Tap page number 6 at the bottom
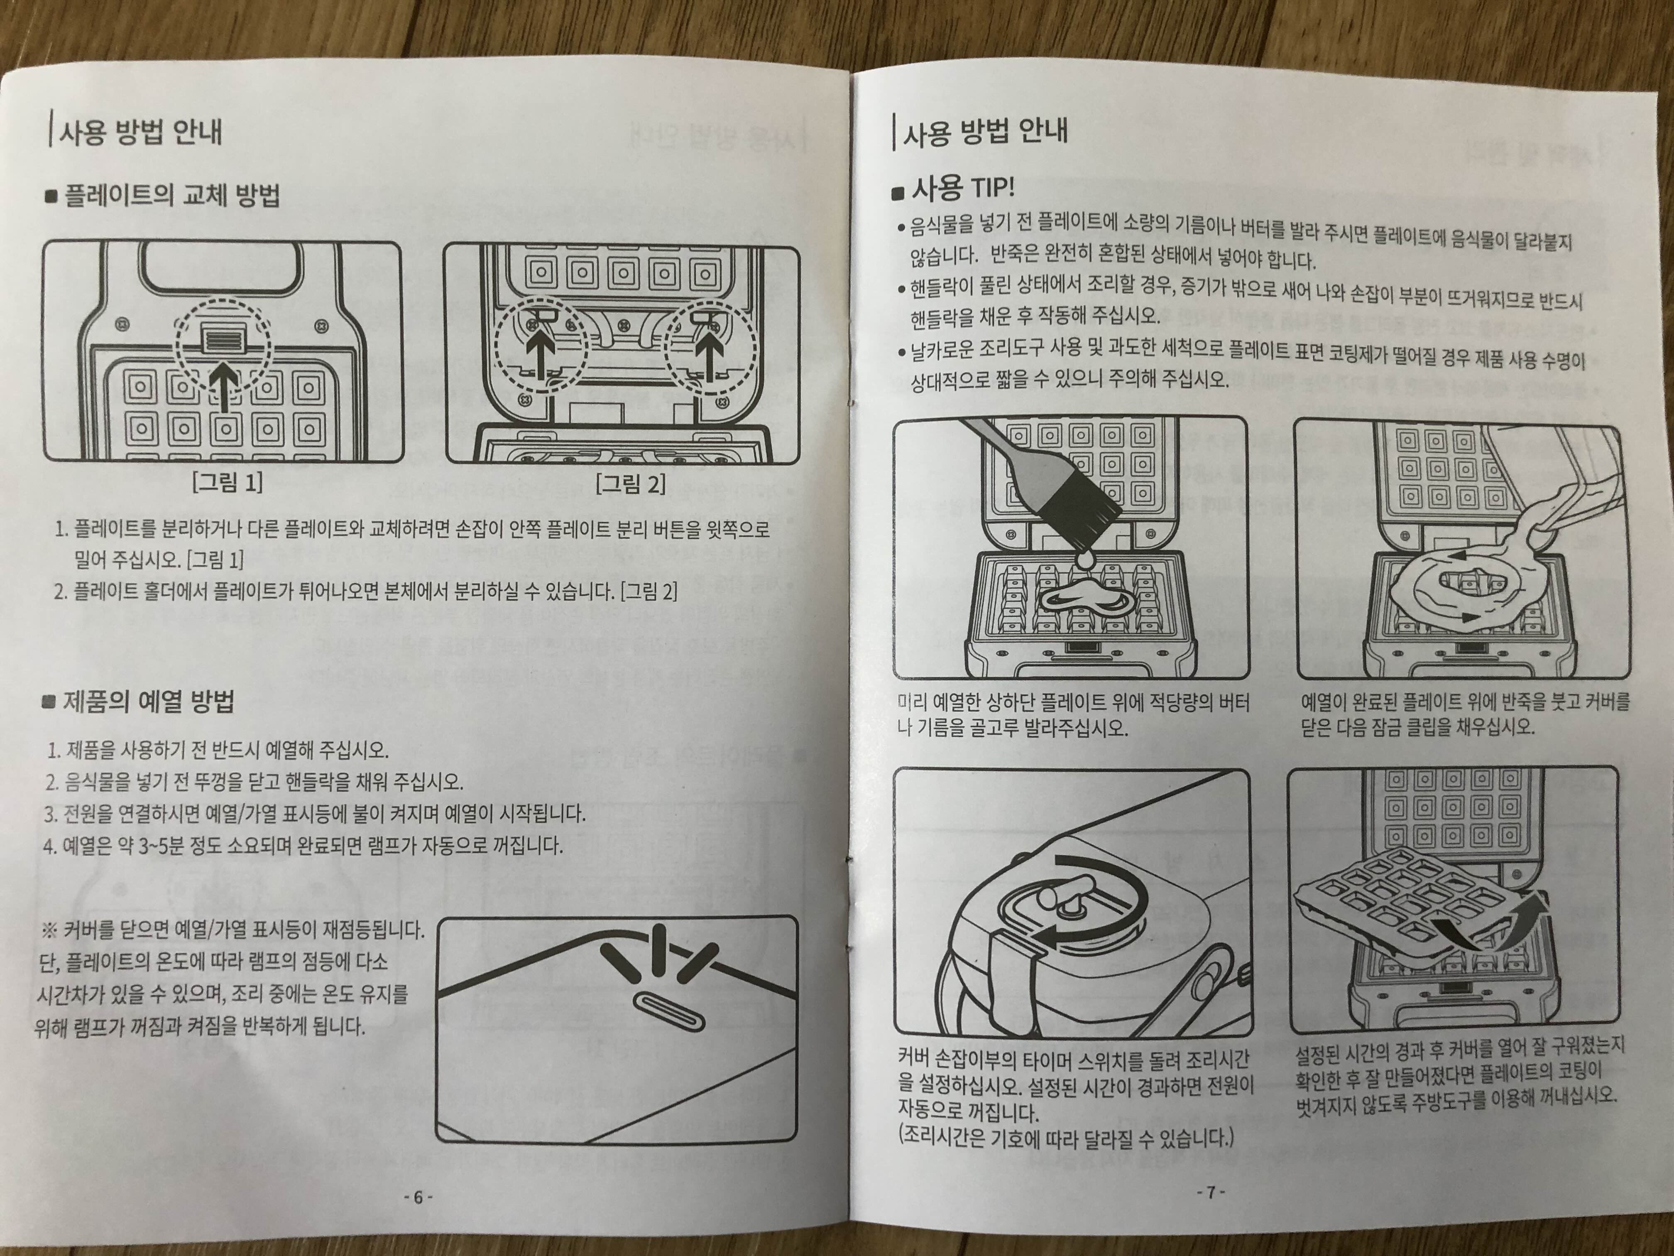pos(418,1198)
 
